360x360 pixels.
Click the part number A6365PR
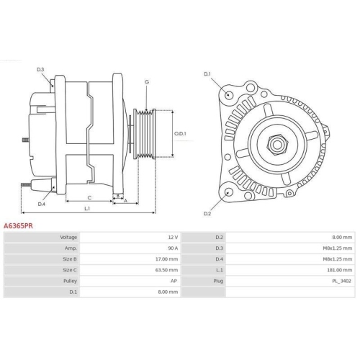[x=19, y=225]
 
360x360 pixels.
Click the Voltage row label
[x=68, y=237]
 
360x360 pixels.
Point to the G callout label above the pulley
[x=146, y=82]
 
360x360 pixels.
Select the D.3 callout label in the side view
[x=40, y=69]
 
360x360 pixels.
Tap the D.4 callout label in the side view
[x=41, y=203]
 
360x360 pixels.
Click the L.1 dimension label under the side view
[x=87, y=209]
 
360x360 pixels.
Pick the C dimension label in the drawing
[x=89, y=197]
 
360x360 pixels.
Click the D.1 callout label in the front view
[x=207, y=74]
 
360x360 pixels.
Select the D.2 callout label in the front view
[x=207, y=213]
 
